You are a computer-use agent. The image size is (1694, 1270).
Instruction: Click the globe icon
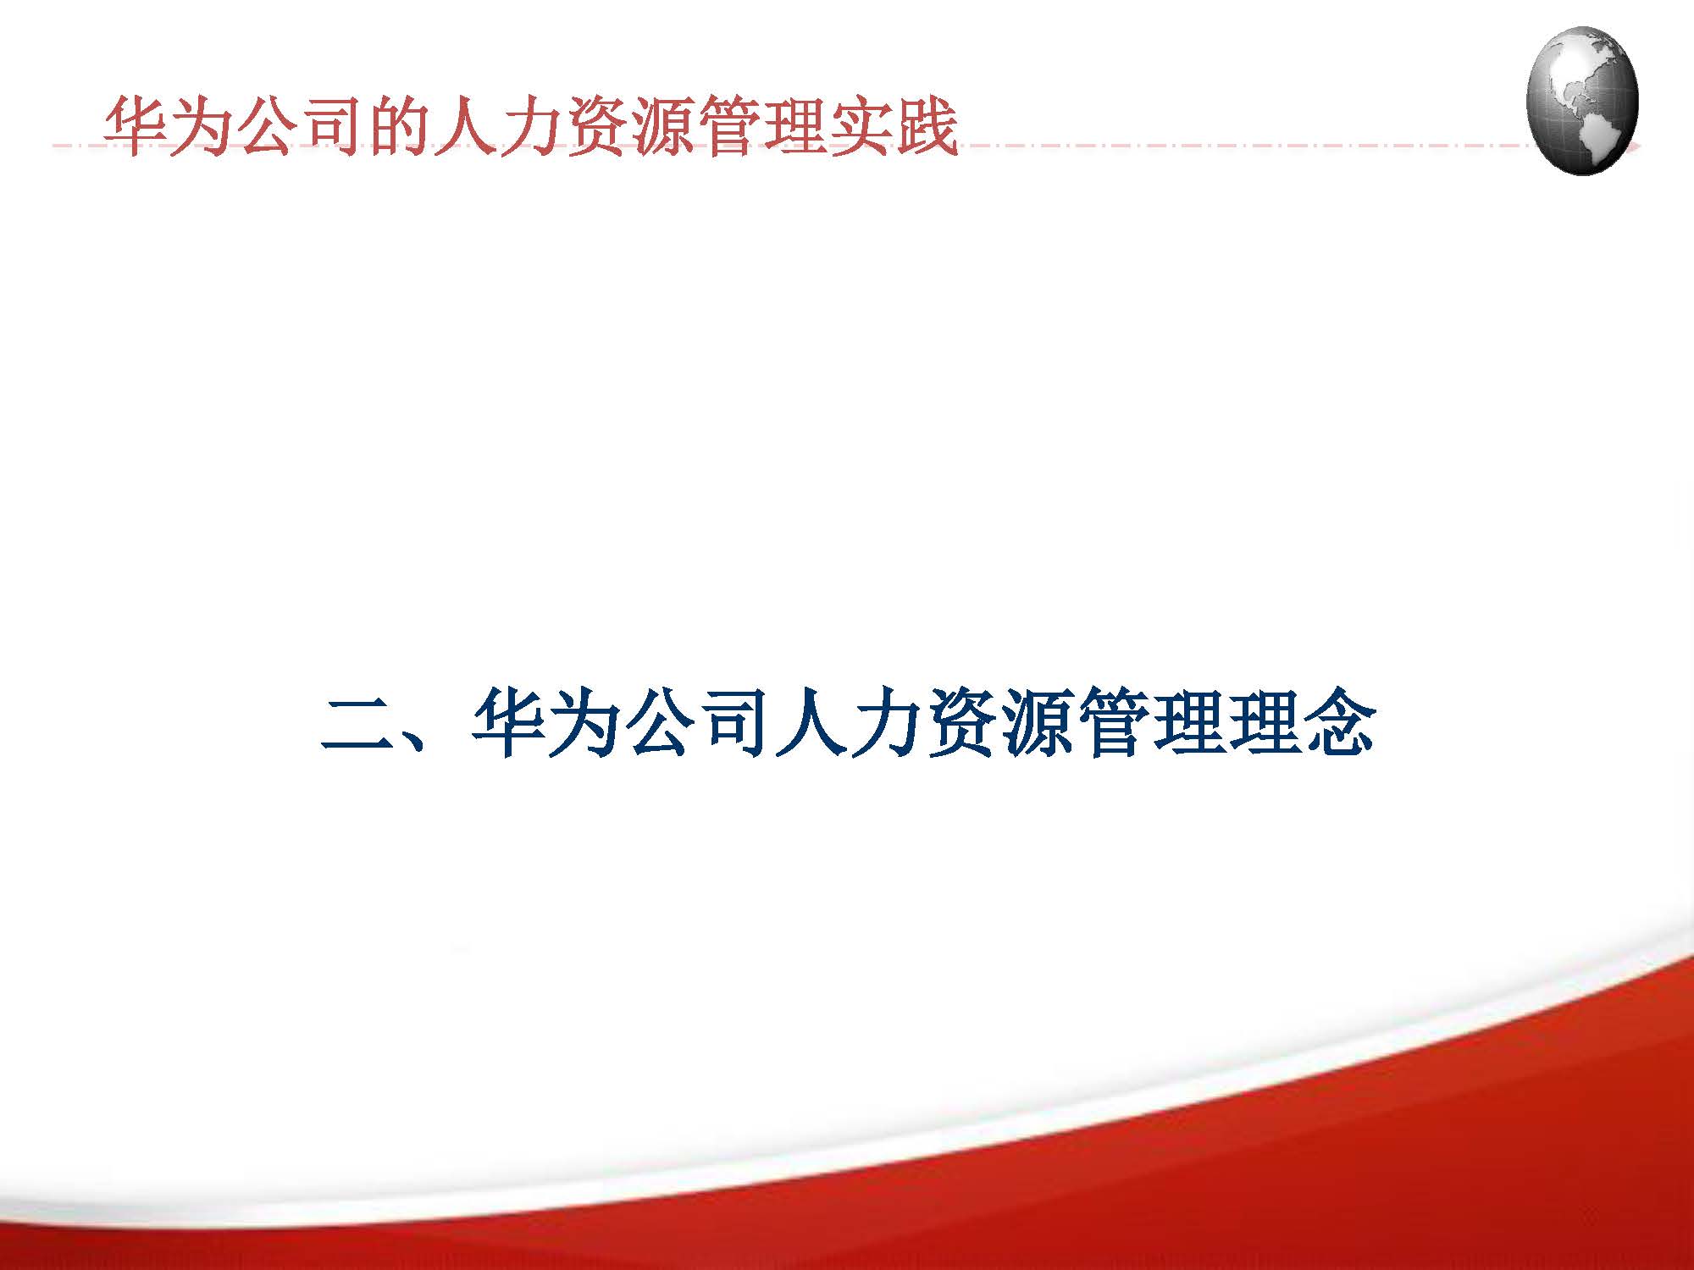(x=1582, y=100)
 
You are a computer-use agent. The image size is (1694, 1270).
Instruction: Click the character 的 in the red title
(x=399, y=127)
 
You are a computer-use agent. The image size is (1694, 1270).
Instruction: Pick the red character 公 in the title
(x=268, y=127)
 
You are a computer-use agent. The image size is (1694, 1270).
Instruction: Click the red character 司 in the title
(x=334, y=127)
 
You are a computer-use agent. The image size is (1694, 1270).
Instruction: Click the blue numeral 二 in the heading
(x=356, y=724)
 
